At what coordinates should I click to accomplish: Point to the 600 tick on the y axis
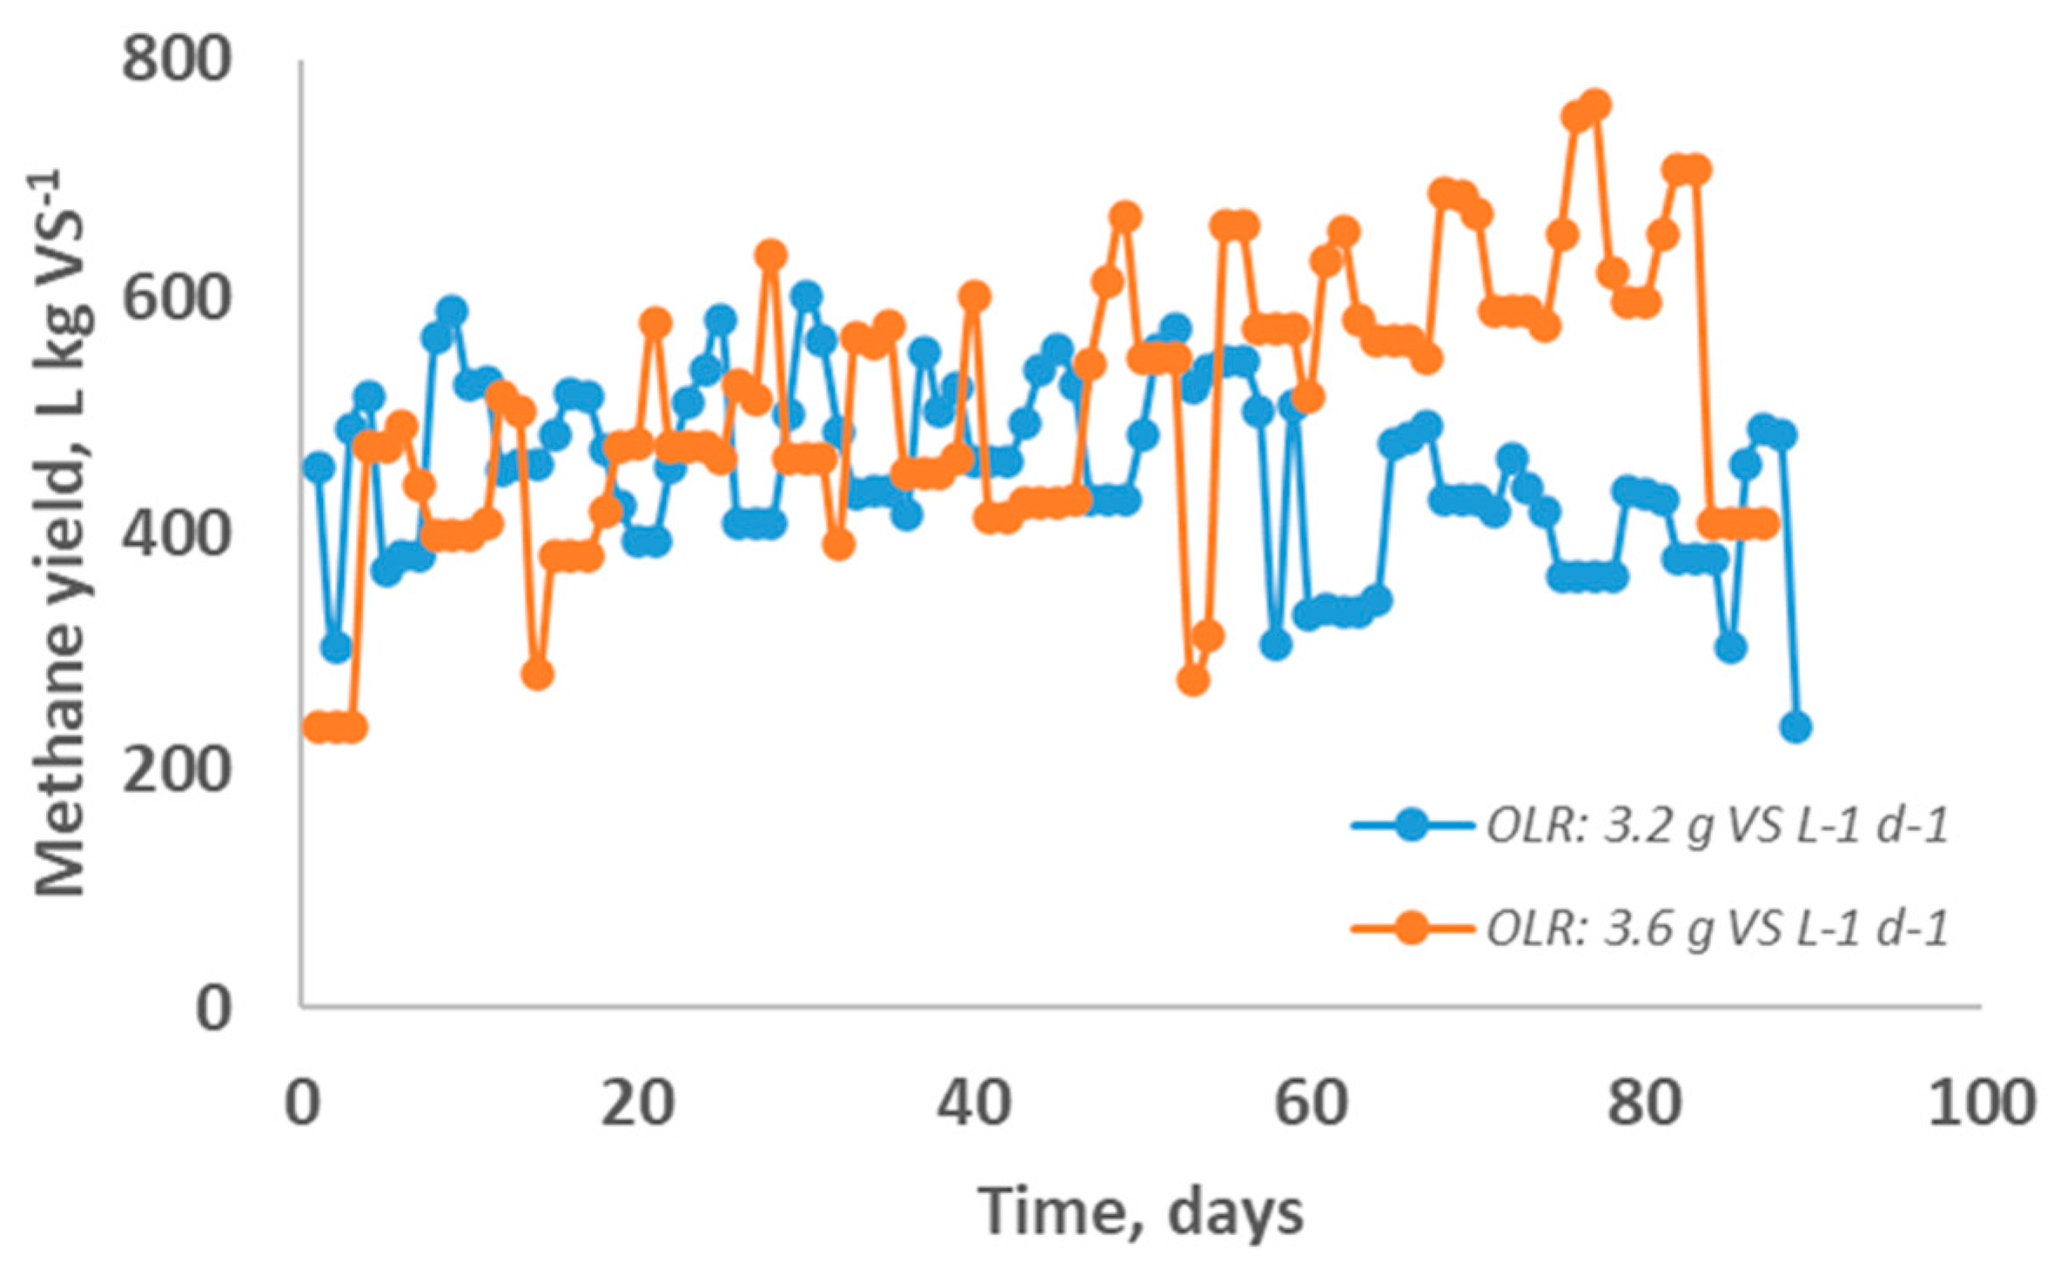[175, 299]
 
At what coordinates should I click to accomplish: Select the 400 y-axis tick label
[175, 534]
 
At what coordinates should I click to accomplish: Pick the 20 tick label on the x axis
[638, 1104]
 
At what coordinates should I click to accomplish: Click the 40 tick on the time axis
[975, 1104]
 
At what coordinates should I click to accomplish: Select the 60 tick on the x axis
[1311, 1104]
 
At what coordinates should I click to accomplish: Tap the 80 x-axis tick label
[1645, 1104]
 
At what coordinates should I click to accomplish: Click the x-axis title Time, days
[1141, 1211]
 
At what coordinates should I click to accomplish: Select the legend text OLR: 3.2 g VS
[1715, 826]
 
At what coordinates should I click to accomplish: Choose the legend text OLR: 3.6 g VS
[1715, 929]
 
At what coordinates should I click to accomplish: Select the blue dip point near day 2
[336, 647]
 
